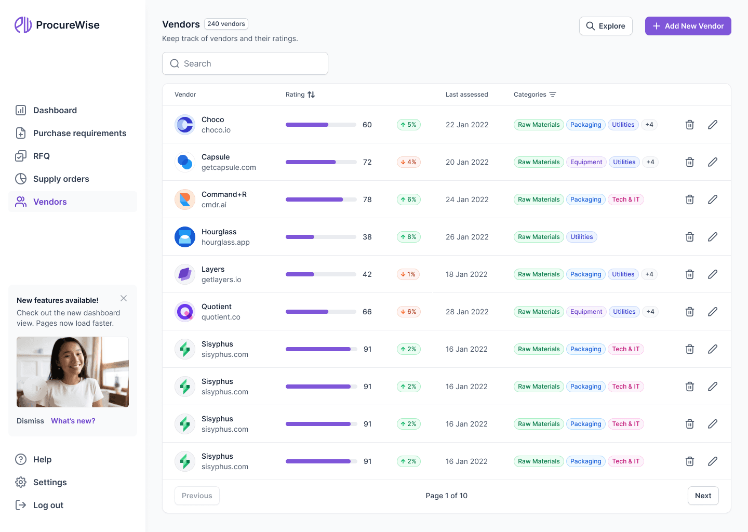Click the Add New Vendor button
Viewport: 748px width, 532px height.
pos(688,26)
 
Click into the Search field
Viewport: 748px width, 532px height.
pos(245,63)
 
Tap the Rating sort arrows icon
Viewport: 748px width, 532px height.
pos(311,95)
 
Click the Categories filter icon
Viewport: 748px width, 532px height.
pos(553,95)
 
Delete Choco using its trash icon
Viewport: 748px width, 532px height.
pos(690,125)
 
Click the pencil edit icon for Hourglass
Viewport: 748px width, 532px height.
pos(713,237)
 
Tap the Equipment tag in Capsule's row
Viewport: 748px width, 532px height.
pos(586,162)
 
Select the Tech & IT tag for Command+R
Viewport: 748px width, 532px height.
pos(625,199)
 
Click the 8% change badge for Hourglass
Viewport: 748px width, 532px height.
pos(408,237)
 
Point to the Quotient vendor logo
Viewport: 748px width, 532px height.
pos(185,312)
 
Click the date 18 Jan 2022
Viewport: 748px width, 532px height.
pos(466,274)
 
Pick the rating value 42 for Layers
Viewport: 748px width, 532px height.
pos(367,274)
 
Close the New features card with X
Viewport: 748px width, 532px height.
pos(124,298)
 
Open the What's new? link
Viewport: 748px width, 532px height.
pos(73,421)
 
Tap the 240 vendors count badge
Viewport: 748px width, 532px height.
pos(226,24)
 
